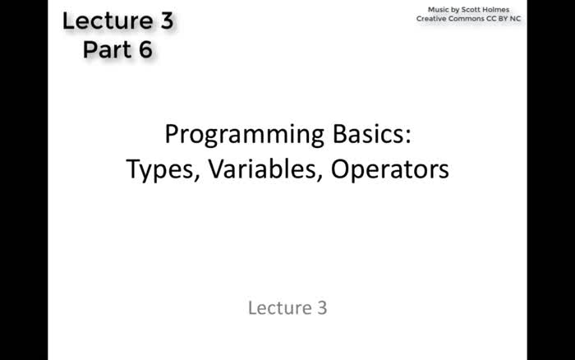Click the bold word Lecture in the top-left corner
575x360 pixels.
click(x=104, y=21)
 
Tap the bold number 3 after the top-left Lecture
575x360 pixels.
click(x=166, y=21)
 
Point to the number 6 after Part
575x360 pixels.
click(x=145, y=50)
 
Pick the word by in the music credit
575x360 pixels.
click(x=457, y=8)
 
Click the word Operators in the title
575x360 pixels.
click(x=390, y=169)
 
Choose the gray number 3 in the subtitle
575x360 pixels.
click(x=321, y=308)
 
